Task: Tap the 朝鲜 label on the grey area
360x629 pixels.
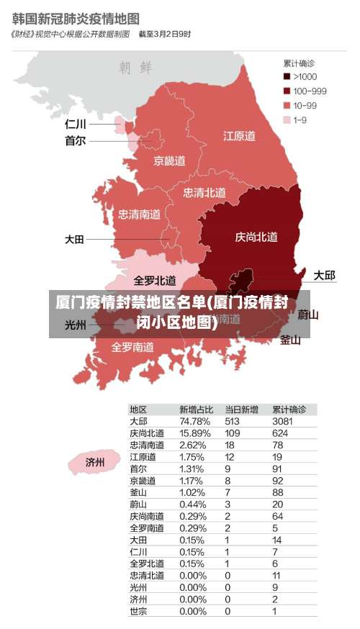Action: coord(135,68)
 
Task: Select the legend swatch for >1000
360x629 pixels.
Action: coord(287,76)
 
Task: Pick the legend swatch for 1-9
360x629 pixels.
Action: coord(287,119)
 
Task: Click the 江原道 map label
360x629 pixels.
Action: coord(239,135)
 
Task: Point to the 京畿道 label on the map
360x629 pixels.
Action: coord(169,160)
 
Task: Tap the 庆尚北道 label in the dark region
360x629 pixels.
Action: coord(256,237)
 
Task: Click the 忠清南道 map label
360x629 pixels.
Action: coord(140,214)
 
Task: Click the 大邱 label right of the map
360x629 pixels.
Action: coord(324,276)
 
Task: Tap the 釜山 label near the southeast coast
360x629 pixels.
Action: coord(289,340)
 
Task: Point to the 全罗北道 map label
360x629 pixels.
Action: coord(155,280)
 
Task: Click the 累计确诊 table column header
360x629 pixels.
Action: coord(289,409)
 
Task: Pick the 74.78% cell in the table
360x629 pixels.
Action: coord(194,421)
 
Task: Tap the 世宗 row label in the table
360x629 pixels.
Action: coord(139,611)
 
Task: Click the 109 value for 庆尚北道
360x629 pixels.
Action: coord(232,433)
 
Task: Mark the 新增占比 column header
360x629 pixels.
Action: coord(196,409)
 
